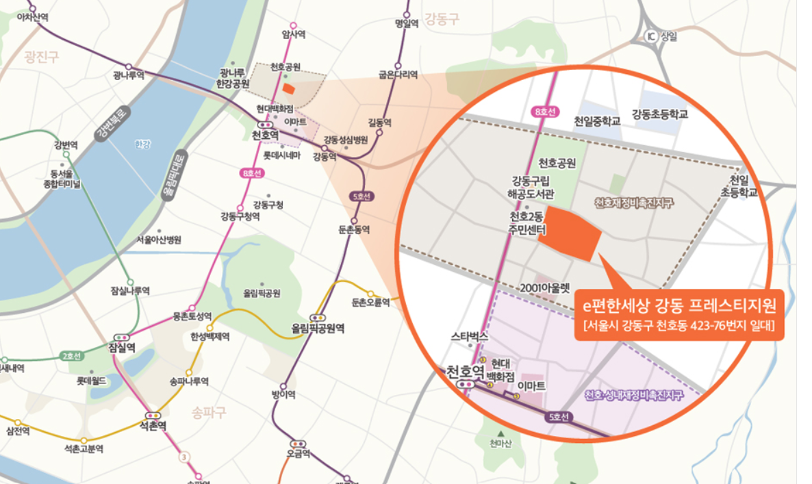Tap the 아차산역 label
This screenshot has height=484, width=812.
pos(32,17)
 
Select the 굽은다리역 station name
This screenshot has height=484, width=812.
pos(398,75)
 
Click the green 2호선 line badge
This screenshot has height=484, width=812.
pos(71,356)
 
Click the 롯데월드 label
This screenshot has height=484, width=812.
pos(90,381)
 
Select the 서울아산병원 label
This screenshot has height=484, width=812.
pos(158,240)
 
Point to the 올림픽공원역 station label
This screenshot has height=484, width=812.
pos(318,328)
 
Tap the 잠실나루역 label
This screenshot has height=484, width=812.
pos(130,291)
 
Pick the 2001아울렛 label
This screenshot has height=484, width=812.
pos(545,288)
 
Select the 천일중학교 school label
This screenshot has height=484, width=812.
pos(597,121)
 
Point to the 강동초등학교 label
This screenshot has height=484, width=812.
pos(660,114)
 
